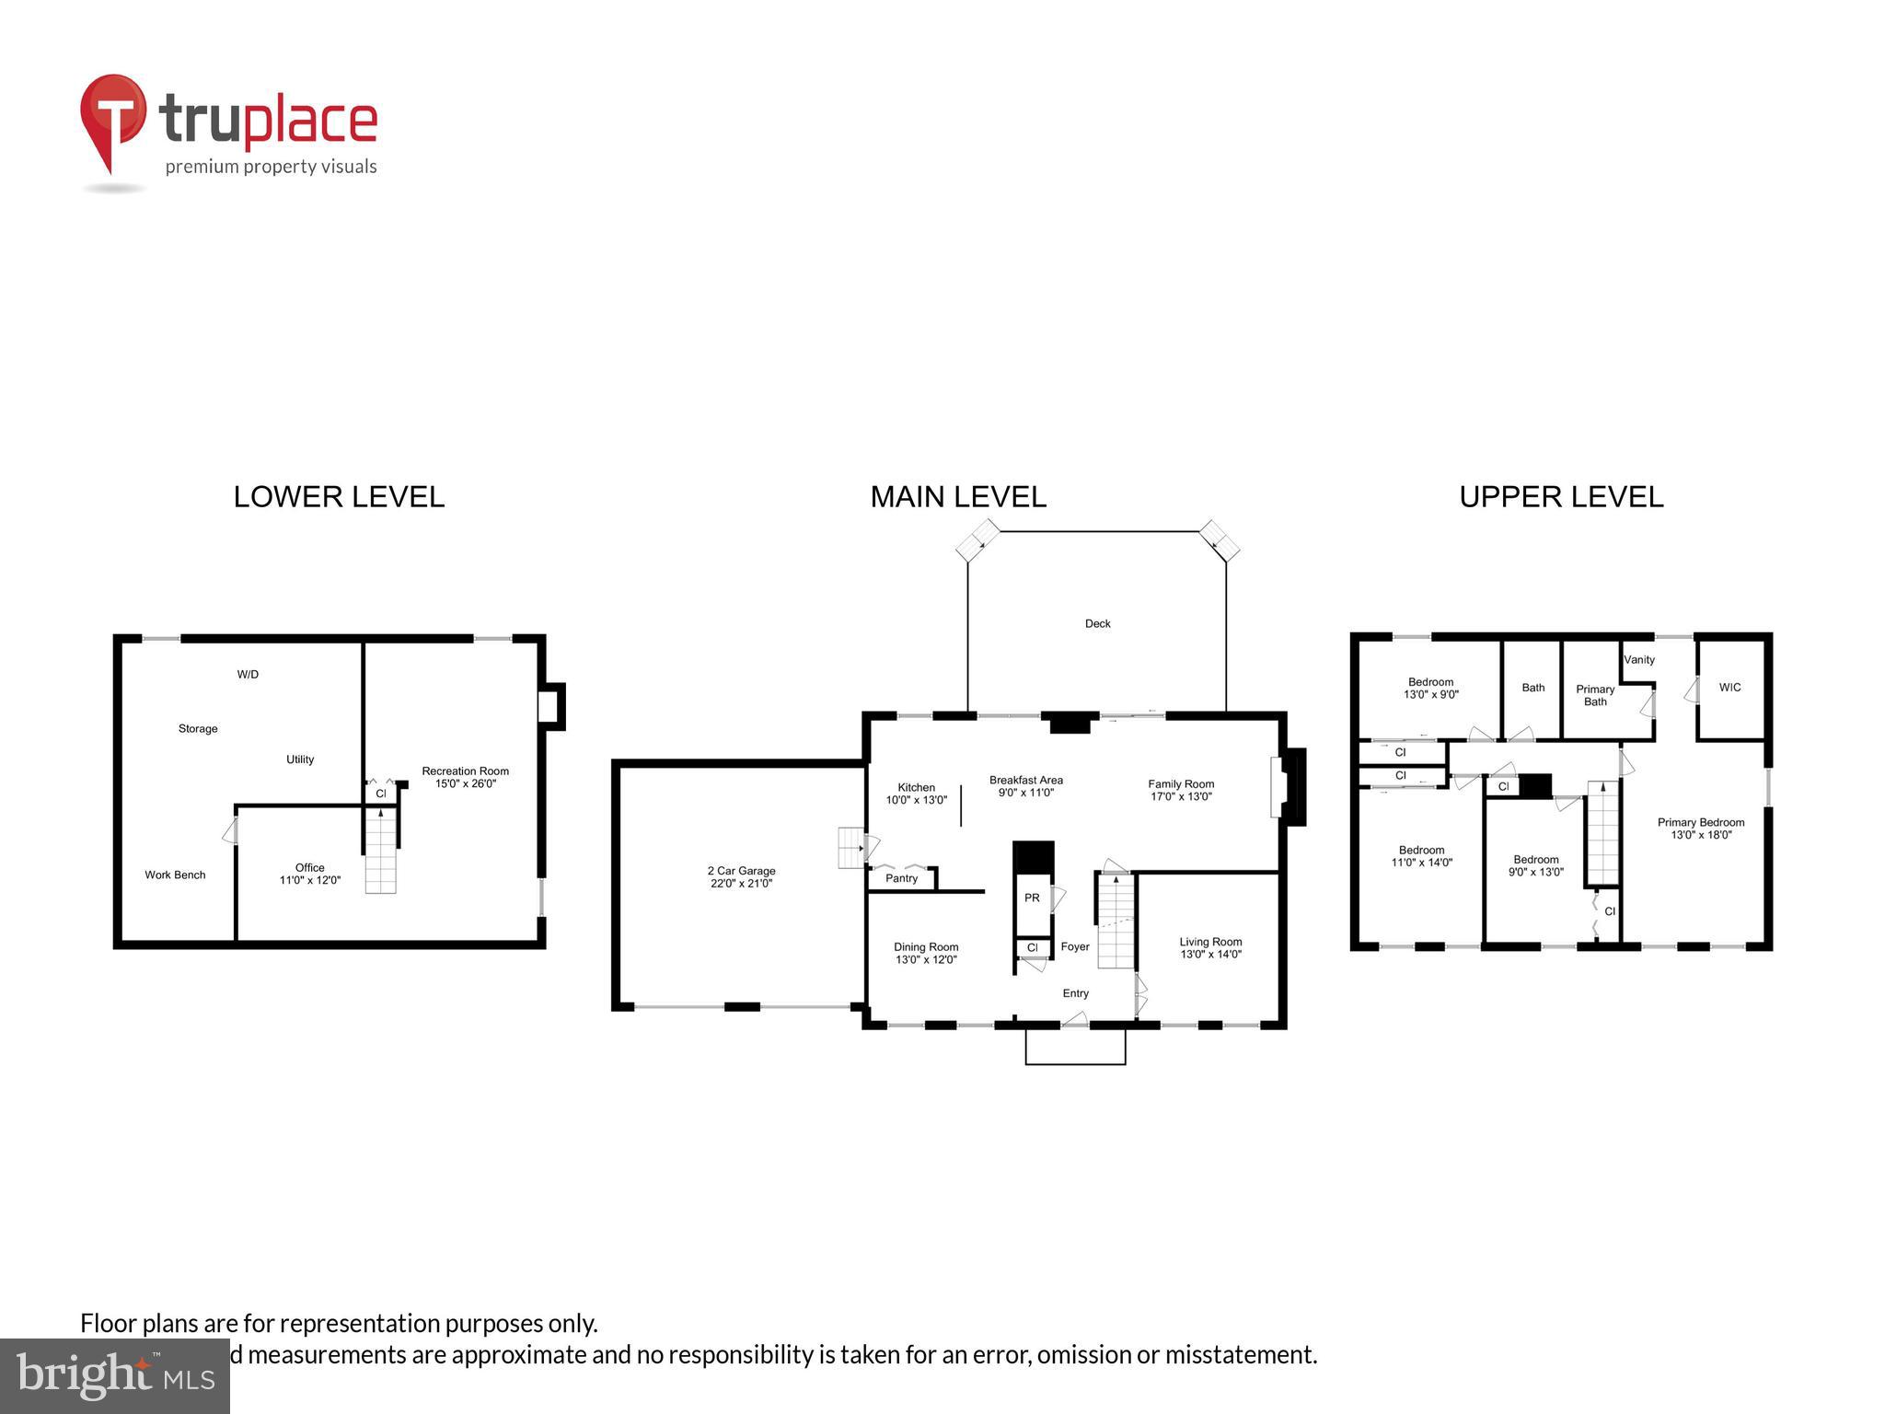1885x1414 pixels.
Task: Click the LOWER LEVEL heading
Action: (x=339, y=497)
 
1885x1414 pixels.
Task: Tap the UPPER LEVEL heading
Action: (x=1561, y=497)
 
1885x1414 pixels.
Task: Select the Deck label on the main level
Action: (x=1097, y=624)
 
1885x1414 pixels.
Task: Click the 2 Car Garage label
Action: (x=741, y=871)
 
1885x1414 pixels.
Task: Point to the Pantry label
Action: (x=901, y=878)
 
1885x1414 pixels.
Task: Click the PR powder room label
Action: (x=1032, y=898)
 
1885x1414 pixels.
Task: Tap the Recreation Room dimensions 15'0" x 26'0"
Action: (x=465, y=784)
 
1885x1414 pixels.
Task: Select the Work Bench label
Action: (x=175, y=875)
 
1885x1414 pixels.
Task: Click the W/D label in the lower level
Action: (x=248, y=675)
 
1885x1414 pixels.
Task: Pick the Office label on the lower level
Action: (x=310, y=868)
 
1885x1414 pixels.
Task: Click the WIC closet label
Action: (x=1729, y=688)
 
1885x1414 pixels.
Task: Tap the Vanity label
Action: (x=1639, y=660)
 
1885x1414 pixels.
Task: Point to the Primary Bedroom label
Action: (x=1701, y=823)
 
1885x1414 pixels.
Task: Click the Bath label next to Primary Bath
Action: (x=1533, y=688)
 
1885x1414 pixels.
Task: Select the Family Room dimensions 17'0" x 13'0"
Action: (x=1181, y=797)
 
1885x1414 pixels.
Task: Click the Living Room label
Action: (x=1210, y=942)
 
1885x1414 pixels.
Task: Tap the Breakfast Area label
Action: (x=1025, y=781)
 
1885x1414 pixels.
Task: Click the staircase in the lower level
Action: (x=380, y=851)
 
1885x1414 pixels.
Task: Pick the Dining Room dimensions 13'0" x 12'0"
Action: (x=926, y=960)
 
